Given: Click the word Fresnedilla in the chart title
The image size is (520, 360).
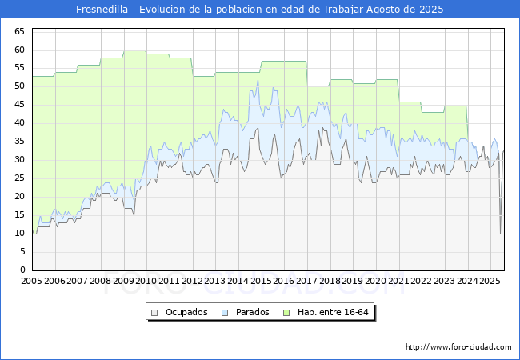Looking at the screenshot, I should coord(104,10).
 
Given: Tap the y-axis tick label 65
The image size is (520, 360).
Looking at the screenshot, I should coord(20,31).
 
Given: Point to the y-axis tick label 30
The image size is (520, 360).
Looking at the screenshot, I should coord(20,160).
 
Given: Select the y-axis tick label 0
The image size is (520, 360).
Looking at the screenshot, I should coord(23,270).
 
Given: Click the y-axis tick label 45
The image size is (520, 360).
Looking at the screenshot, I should coord(20,105).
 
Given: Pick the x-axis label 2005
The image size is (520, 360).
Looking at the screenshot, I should coord(32,282).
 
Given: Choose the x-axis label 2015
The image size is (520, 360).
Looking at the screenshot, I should coord(261,282).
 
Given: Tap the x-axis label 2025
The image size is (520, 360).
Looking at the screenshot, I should coord(490,282).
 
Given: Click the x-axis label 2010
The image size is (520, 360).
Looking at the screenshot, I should coord(146,282).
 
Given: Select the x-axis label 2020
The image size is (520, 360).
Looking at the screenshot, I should coord(375,282).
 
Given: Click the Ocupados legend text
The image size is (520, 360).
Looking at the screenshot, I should coord(186,312).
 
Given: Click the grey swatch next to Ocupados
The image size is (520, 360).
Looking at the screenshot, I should coord(155,312).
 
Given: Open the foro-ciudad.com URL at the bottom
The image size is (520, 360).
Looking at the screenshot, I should coord(458,347).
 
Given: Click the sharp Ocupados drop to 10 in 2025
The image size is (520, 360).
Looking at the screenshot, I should coord(501,233).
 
